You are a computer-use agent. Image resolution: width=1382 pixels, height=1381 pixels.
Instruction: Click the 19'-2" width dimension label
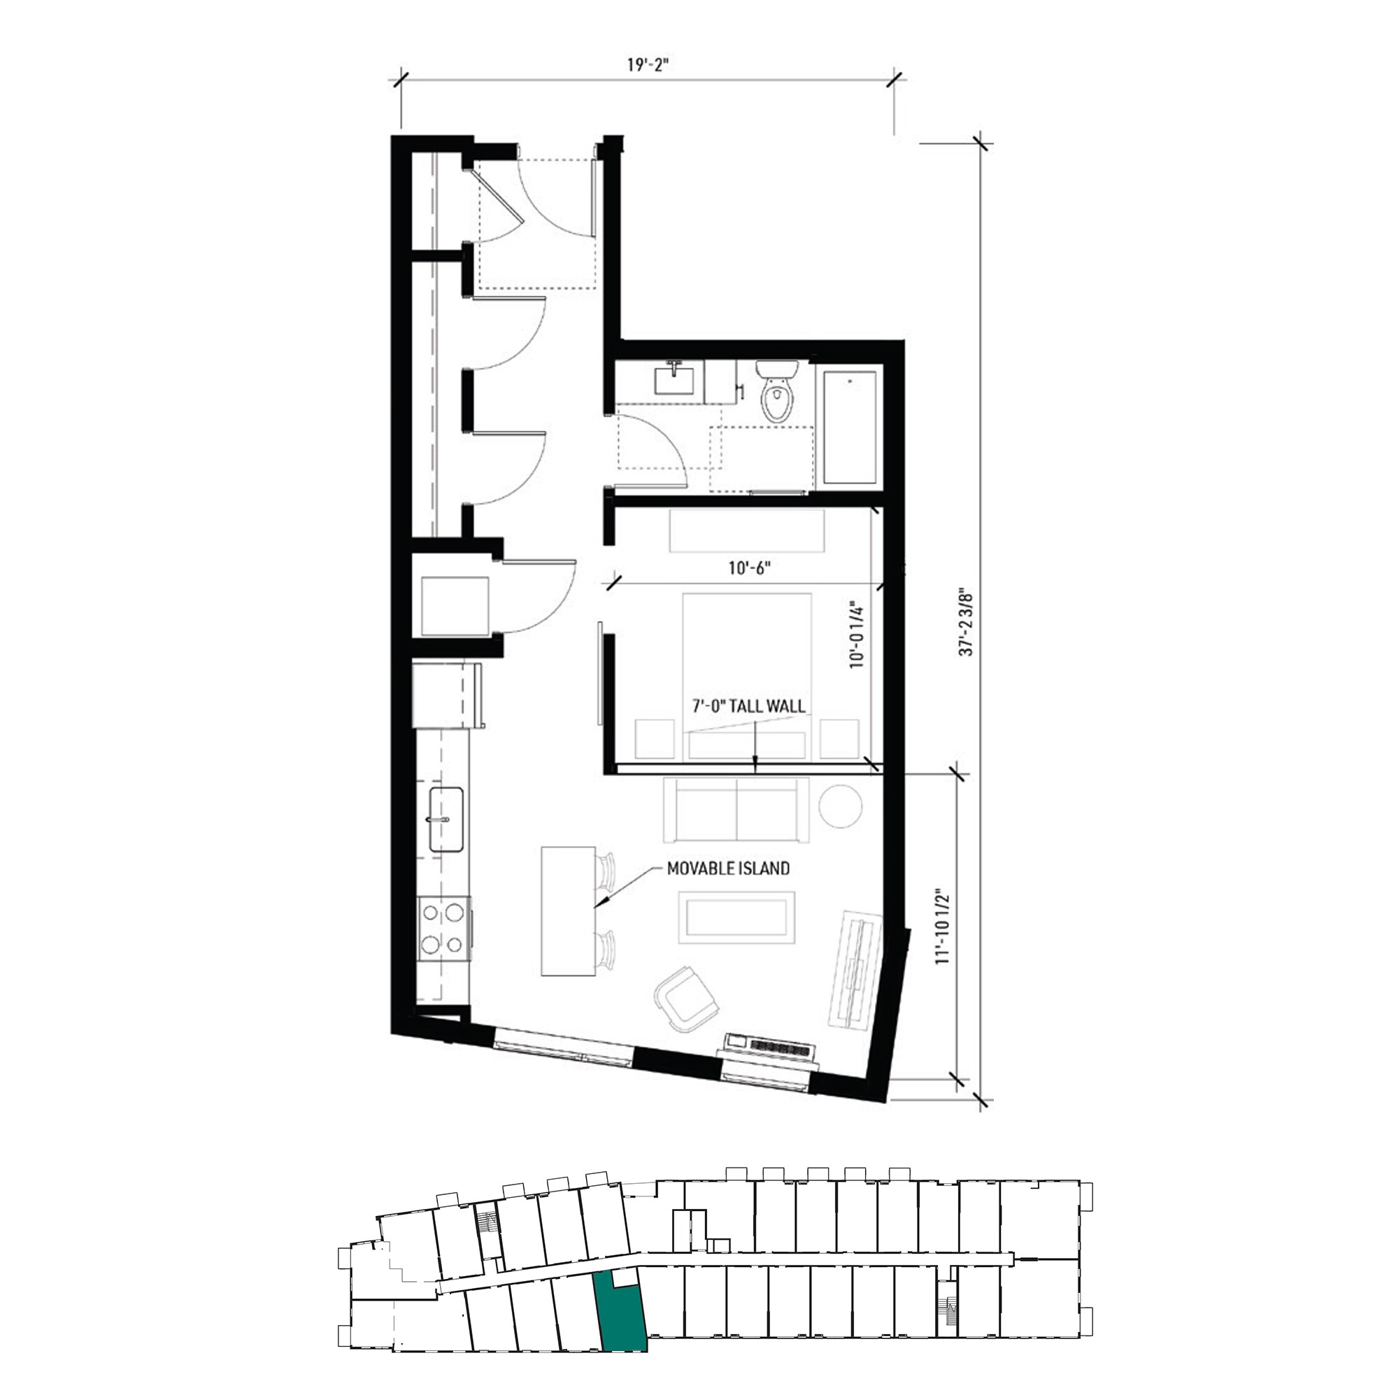pyautogui.click(x=647, y=65)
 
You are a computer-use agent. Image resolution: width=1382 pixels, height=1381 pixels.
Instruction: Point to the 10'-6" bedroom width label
pyautogui.click(x=749, y=568)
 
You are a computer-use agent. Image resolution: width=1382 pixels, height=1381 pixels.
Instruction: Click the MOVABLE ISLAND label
pyautogui.click(x=728, y=868)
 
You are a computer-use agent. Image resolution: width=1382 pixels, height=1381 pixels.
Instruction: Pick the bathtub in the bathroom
pyautogui.click(x=850, y=428)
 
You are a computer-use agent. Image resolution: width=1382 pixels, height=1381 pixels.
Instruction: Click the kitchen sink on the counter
pyautogui.click(x=446, y=819)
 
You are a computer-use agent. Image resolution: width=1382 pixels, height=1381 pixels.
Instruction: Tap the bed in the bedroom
pyautogui.click(x=747, y=665)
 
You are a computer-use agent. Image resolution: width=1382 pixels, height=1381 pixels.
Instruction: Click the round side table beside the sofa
pyautogui.click(x=840, y=806)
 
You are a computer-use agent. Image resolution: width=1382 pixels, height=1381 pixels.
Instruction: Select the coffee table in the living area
pyautogui.click(x=736, y=917)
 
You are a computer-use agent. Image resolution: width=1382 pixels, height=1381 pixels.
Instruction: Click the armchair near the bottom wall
pyautogui.click(x=685, y=999)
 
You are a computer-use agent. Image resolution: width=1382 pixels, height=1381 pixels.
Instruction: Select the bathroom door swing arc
pyautogui.click(x=665, y=443)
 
